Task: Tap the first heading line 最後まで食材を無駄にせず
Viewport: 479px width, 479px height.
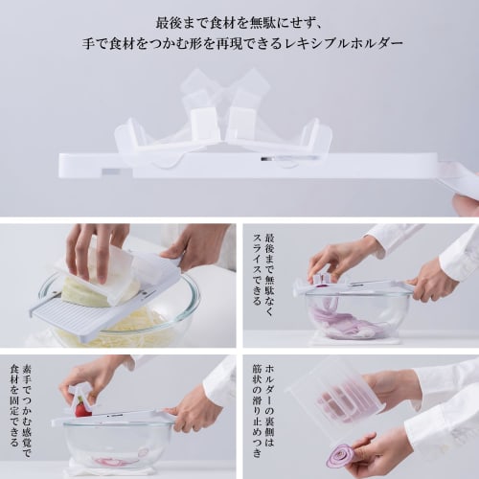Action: (x=239, y=19)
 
